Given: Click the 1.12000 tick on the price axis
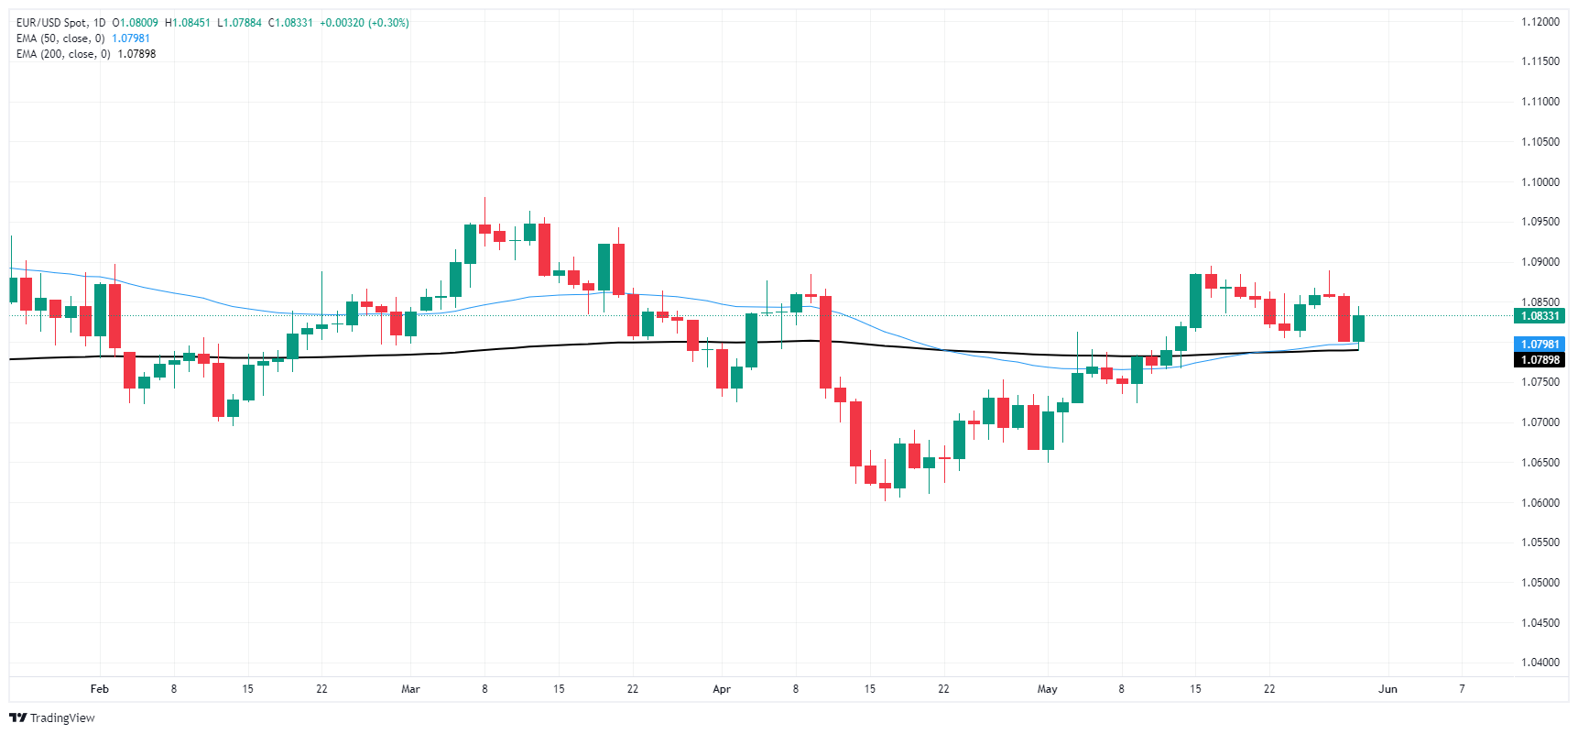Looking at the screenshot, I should (x=1540, y=22).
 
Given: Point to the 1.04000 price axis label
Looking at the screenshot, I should (x=1540, y=663).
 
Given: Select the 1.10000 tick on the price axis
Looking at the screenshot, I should (x=1540, y=182).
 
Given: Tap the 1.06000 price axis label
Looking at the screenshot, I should (x=1540, y=503).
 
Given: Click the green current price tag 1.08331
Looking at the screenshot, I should (x=1540, y=316).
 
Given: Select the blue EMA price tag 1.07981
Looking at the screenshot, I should (x=1540, y=345).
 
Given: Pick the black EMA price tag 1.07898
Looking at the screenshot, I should (x=1540, y=360).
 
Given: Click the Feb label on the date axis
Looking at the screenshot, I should (x=100, y=689).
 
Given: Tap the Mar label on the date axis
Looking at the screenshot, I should (x=410, y=689).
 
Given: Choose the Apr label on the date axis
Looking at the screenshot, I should (x=722, y=689).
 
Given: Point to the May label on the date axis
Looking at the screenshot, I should (x=1047, y=689).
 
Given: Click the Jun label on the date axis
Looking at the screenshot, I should (x=1388, y=689).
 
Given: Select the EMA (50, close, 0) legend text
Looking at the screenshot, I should (x=60, y=38).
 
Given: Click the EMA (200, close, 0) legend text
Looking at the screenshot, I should (x=63, y=54).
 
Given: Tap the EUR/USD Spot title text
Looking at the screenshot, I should (x=51, y=23).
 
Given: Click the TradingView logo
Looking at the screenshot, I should (x=52, y=718).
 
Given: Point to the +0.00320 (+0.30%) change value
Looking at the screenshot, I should (x=365, y=23).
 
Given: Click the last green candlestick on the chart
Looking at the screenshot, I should (x=1358, y=328).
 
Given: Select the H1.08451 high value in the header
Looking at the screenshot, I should (x=188, y=23).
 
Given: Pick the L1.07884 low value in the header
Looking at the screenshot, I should (x=239, y=23).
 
